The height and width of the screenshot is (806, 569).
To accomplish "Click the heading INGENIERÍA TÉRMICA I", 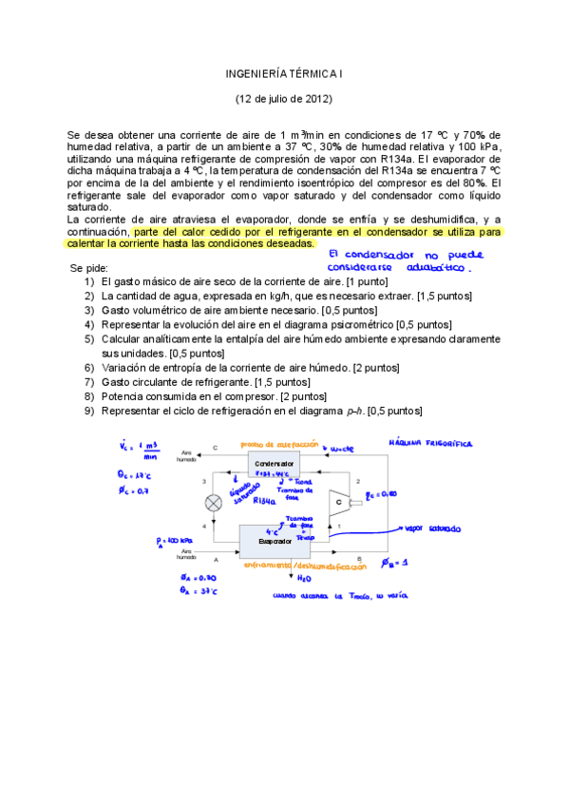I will [284, 72].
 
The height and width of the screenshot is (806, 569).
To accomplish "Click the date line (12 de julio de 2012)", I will [284, 98].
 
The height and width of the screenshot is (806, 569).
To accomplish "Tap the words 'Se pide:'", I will [89, 269].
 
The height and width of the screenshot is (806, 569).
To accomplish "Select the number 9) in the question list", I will [88, 411].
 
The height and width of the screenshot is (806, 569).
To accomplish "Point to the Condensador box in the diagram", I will [274, 464].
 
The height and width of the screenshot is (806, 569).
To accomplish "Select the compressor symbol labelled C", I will [337, 500].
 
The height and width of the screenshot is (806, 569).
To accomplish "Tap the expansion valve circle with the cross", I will [215, 503].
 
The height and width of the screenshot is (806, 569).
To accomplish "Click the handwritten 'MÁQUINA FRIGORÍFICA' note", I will [432, 443].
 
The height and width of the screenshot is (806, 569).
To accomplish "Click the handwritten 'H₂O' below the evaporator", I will [304, 578].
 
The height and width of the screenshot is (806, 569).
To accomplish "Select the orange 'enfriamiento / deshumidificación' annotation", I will [304, 566].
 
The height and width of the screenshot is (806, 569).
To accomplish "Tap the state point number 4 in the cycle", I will [203, 525].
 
